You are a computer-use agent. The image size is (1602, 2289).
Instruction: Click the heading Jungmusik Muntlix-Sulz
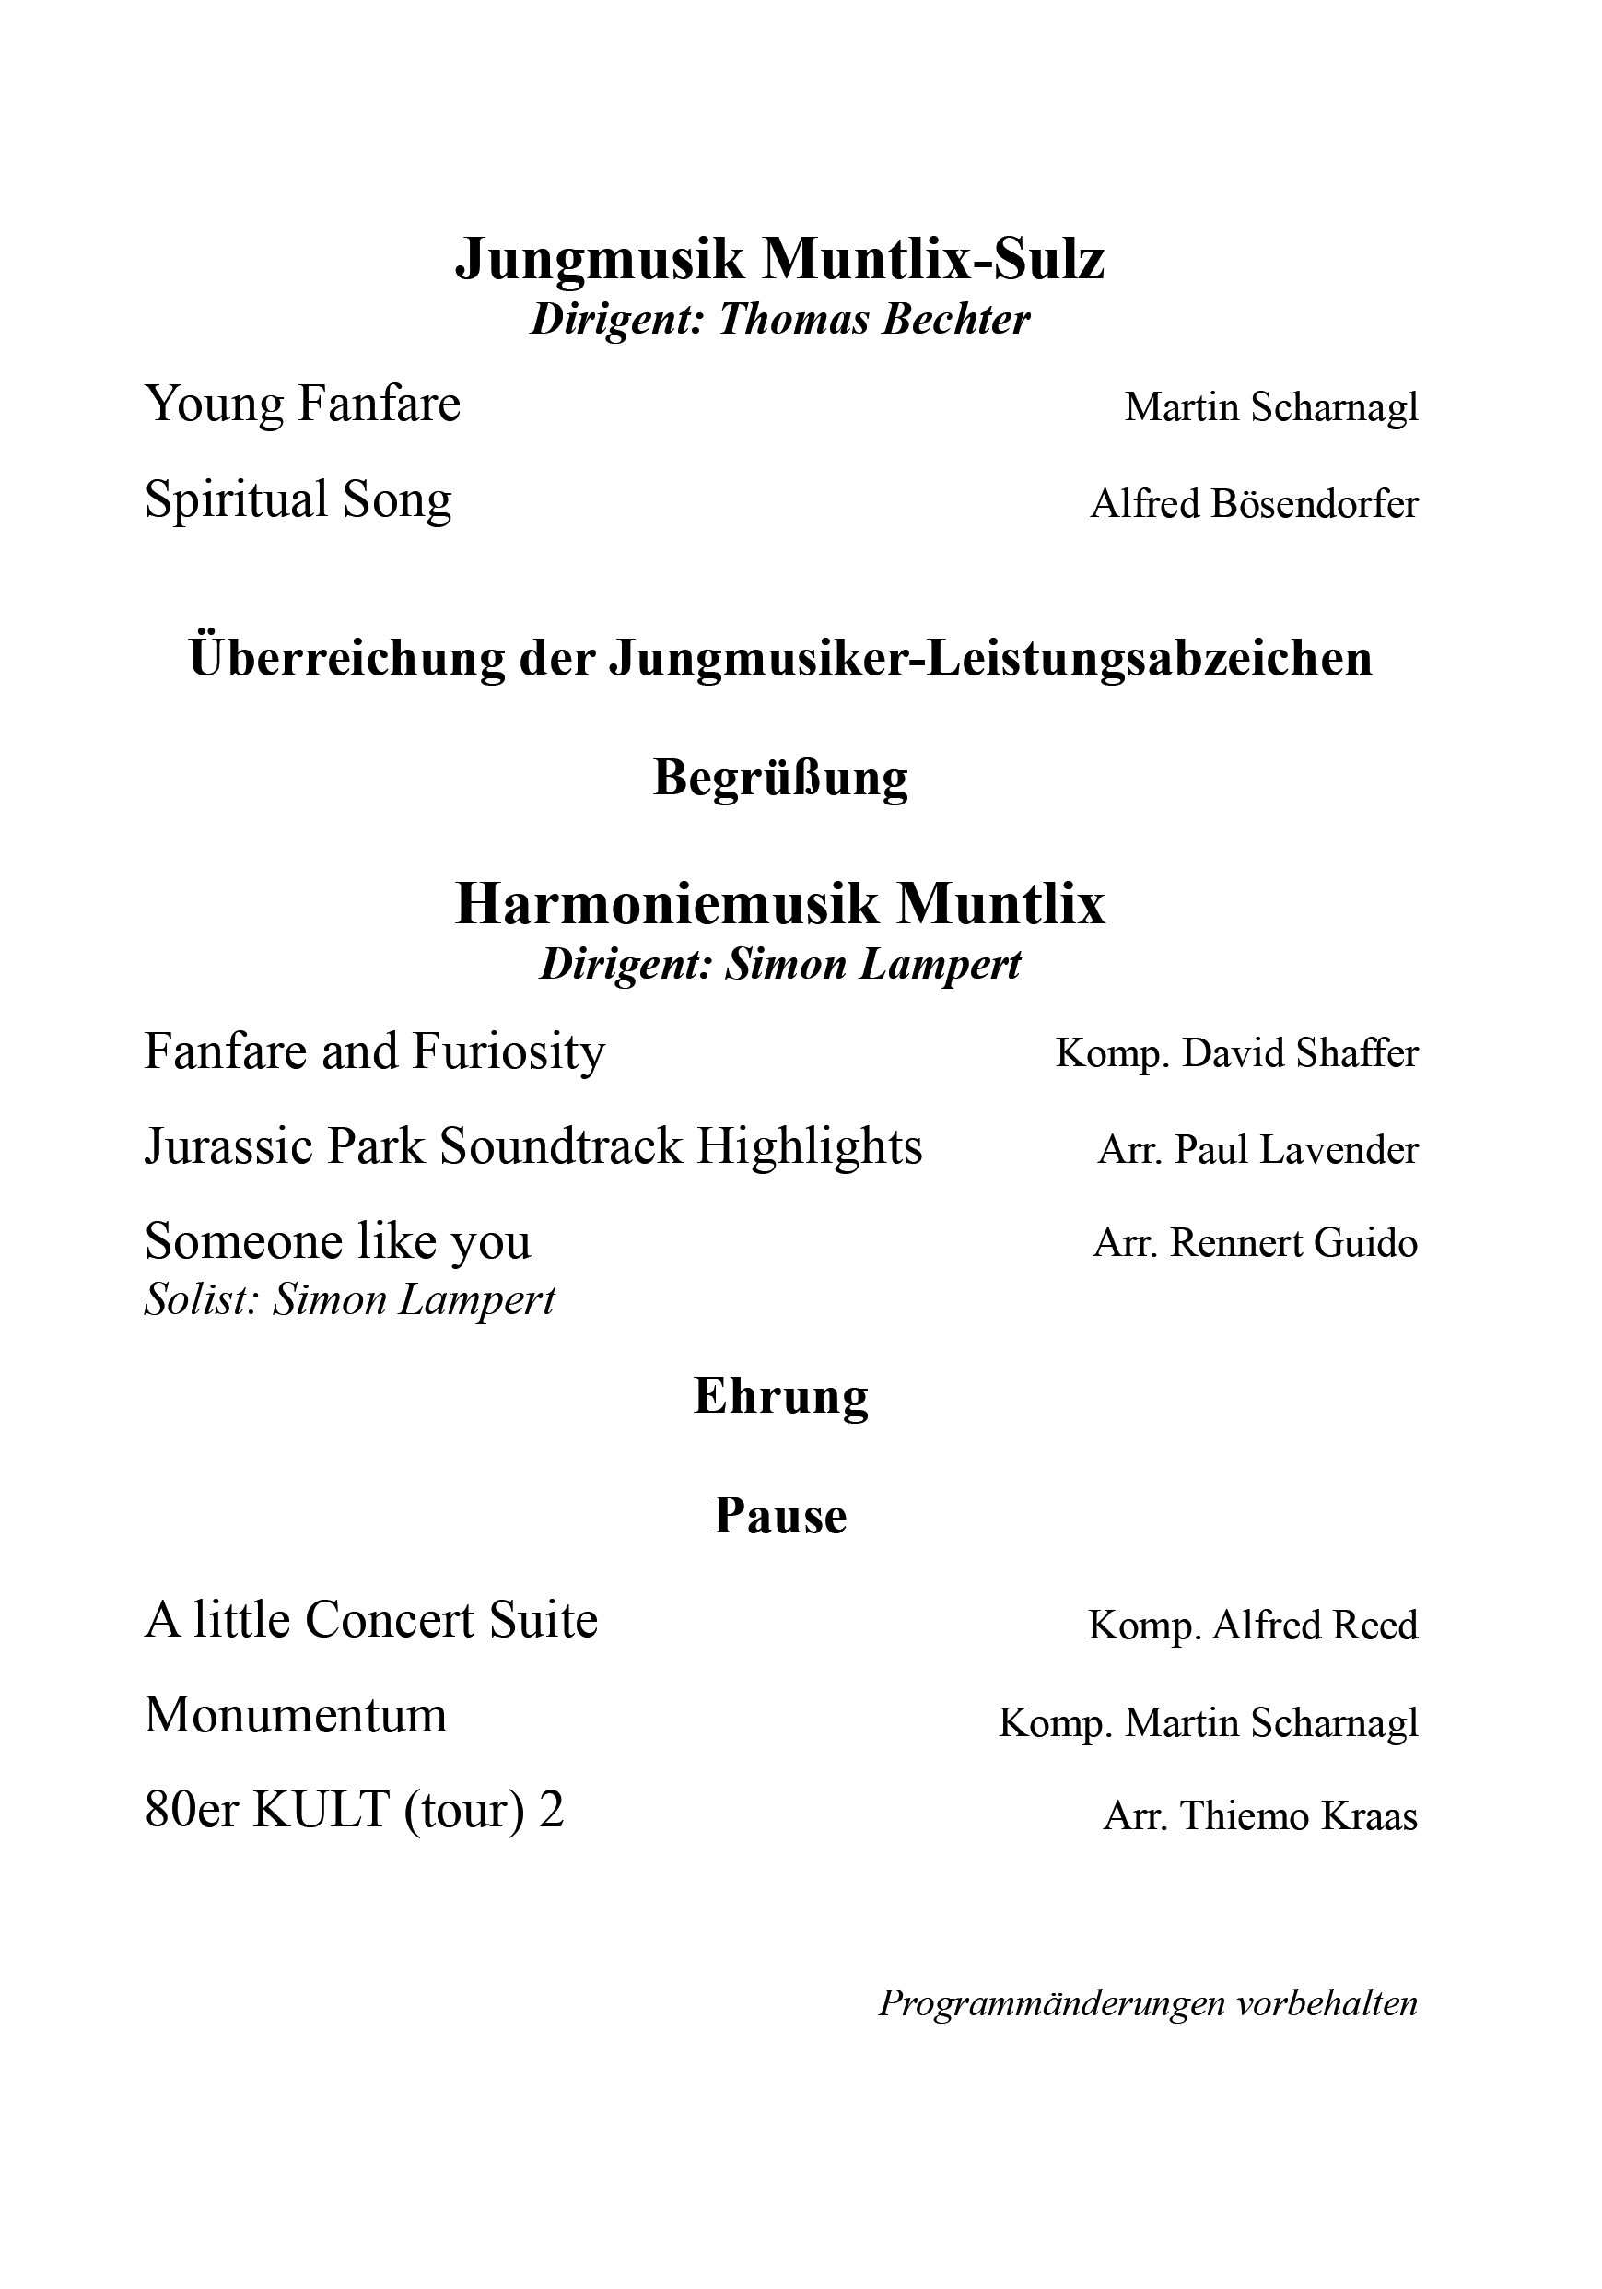coord(779,259)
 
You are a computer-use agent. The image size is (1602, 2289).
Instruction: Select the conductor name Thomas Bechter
coord(873,320)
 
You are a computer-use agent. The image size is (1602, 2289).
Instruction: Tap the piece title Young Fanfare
coord(302,404)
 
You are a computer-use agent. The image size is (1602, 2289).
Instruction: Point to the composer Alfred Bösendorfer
coord(1253,503)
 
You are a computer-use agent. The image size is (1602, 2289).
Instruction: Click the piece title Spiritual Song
coord(298,499)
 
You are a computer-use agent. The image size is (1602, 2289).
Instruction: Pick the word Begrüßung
coord(779,778)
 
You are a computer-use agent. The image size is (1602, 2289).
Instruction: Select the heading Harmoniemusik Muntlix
coord(779,904)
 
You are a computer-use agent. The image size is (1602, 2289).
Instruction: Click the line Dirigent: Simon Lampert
coord(779,965)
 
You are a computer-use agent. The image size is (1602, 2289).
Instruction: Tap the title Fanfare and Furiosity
coord(374,1051)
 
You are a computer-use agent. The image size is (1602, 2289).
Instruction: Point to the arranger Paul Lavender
coord(1295,1150)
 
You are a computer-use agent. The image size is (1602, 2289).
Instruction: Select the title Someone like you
coord(337,1242)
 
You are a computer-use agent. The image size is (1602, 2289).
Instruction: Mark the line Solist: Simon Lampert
coord(349,1300)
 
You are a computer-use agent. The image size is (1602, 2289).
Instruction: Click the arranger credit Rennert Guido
coord(1293,1243)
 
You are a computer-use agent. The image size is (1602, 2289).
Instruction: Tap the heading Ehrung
coord(779,1396)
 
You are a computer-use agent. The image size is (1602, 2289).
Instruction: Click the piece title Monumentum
coord(295,1716)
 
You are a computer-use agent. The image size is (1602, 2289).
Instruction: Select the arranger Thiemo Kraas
coord(1298,1816)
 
